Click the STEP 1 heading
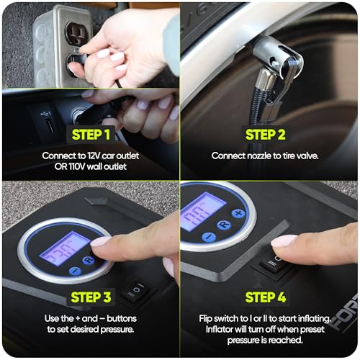tap(91, 135)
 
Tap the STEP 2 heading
tap(266, 135)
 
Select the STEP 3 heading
tap(91, 297)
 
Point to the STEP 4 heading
tap(266, 297)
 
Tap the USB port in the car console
tap(50, 125)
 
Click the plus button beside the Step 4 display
tap(238, 213)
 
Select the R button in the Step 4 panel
tap(224, 225)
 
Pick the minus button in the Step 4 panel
tap(209, 237)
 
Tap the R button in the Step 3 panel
tap(89, 260)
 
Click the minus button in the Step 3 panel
tap(76, 271)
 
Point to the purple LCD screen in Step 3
tap(65, 248)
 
